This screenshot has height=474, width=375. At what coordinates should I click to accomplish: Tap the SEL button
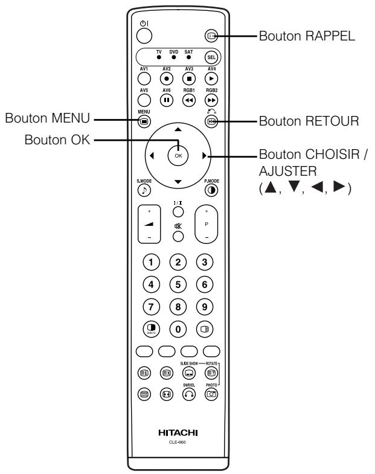[210, 59]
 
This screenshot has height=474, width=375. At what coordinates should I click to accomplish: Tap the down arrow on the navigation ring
[178, 182]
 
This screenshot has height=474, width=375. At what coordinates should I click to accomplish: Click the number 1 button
[149, 262]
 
